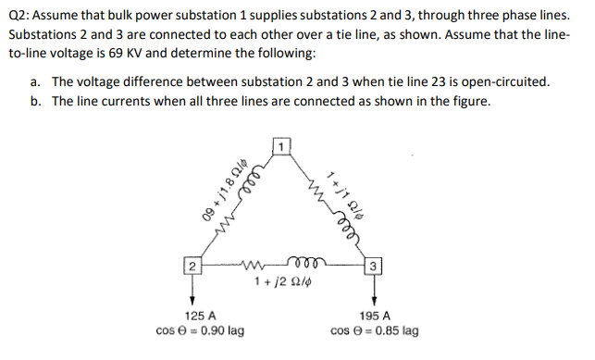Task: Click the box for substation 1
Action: coord(282,146)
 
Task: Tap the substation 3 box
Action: coord(373,268)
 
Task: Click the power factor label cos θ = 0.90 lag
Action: coord(201,330)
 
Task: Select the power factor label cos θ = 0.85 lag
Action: coord(373,330)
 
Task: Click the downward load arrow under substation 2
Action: coord(192,292)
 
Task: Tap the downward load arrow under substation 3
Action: coord(373,292)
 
